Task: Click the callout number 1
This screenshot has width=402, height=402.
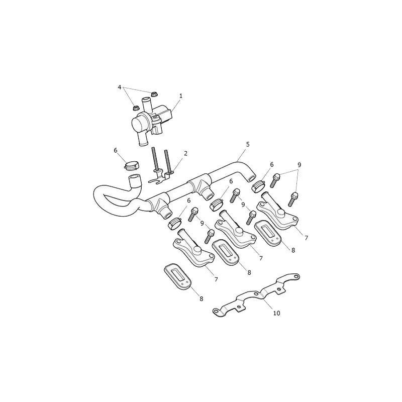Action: [181, 96]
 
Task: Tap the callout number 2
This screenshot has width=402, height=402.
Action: [185, 153]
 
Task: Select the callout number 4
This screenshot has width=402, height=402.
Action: [120, 87]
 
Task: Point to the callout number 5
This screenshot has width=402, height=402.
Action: [248, 144]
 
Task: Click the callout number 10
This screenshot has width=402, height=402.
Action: [277, 313]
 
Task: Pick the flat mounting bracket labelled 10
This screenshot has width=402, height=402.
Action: [256, 295]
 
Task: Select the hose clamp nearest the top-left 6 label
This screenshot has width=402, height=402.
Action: [132, 165]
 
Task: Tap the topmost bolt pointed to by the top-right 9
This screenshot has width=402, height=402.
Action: [276, 180]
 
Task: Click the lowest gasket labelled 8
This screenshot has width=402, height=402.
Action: [177, 279]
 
